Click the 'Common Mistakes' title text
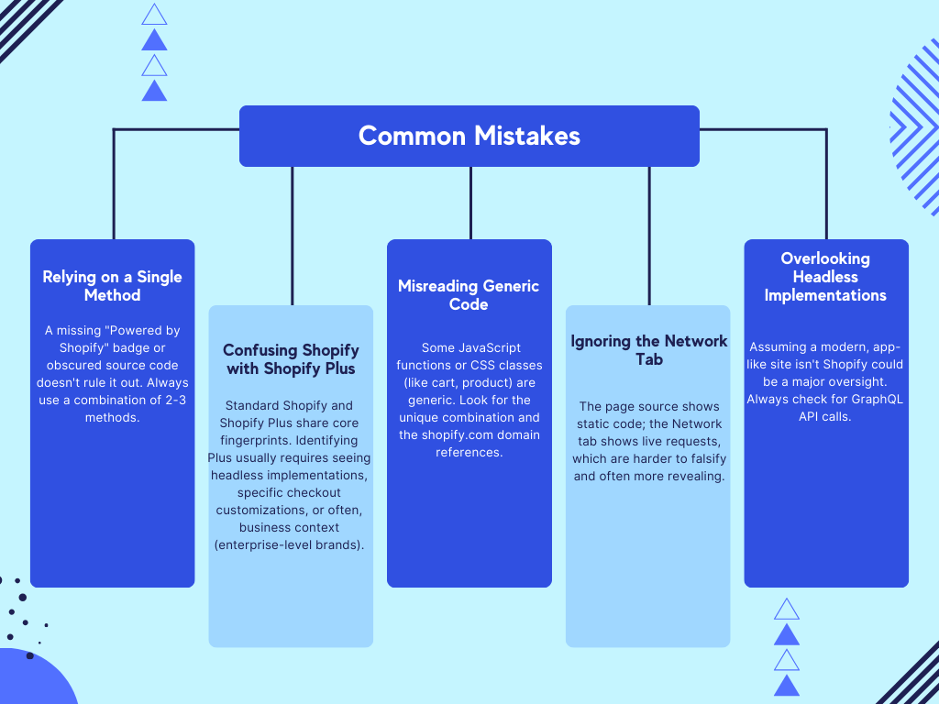(469, 136)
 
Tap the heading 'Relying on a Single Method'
(112, 286)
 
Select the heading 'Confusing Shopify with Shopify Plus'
(291, 359)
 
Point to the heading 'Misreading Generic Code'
(469, 295)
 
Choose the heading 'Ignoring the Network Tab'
(648, 350)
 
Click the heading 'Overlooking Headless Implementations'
(825, 277)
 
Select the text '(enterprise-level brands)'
(291, 544)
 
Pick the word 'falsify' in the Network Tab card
(702, 458)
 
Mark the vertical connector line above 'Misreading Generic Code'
(470, 203)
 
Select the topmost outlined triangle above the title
(155, 15)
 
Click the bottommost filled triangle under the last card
(787, 685)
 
